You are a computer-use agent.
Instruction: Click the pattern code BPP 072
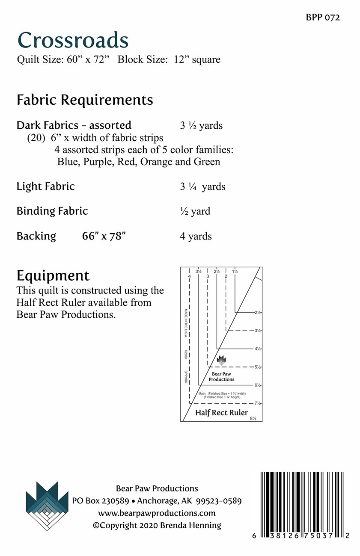pos(323,18)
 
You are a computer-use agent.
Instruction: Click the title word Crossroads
pos(73,41)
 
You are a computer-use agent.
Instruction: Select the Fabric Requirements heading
pos(85,100)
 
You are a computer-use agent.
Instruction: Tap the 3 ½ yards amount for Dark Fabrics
pos(201,126)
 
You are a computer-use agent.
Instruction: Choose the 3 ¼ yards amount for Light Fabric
pos(202,187)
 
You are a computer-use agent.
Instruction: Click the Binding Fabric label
pos(52,211)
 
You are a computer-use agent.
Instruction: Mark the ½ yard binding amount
pos(195,211)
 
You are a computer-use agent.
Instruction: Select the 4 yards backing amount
pos(196,236)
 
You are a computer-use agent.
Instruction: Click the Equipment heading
pos(53,275)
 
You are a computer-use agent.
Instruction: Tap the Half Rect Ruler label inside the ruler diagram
pos(221,413)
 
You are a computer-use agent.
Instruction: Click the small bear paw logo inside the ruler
pos(221,361)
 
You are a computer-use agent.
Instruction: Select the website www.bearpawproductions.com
pos(157,513)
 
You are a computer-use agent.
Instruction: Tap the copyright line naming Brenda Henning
pos(157,525)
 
